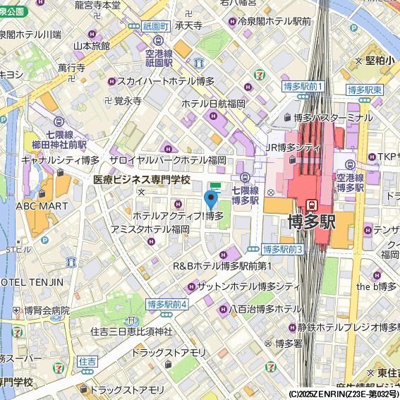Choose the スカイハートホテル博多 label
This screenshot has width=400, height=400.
[x=166, y=81]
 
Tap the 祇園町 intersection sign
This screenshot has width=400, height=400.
[x=155, y=26]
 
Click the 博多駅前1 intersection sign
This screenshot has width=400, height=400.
[x=302, y=87]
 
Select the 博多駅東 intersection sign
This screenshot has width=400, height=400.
[x=365, y=90]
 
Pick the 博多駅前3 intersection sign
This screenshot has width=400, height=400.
[x=282, y=249]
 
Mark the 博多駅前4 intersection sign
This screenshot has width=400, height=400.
[x=167, y=304]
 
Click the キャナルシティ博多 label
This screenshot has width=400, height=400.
[x=60, y=160]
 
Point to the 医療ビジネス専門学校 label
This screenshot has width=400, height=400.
[x=142, y=180]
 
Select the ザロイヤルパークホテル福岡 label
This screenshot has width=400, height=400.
[x=167, y=160]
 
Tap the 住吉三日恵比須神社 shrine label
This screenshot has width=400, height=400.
[x=131, y=331]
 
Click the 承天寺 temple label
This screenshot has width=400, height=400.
[x=188, y=26]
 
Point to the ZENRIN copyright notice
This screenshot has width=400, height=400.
[x=344, y=394]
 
